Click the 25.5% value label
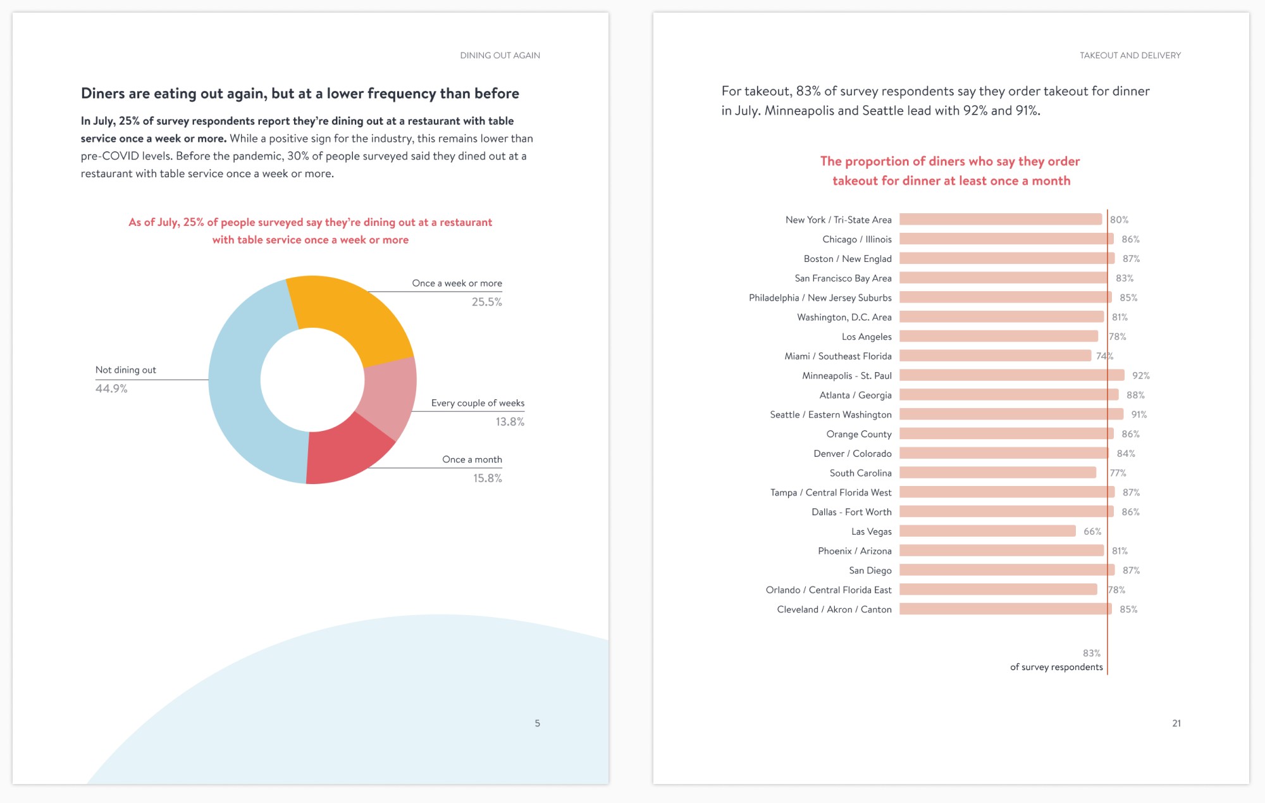coord(486,302)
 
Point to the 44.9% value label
coord(111,389)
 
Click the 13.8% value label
coord(510,422)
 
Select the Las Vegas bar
coord(987,531)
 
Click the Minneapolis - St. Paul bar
coord(1011,375)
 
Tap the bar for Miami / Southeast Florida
coord(995,356)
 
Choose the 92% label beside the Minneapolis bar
coord(1140,376)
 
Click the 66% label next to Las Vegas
coord(1092,532)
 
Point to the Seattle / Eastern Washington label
coord(830,414)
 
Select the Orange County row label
coord(858,434)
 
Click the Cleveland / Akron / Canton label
coord(834,609)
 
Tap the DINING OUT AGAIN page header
coord(500,56)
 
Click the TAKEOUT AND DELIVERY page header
coord(1130,56)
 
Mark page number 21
coord(1176,723)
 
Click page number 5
coord(538,723)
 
